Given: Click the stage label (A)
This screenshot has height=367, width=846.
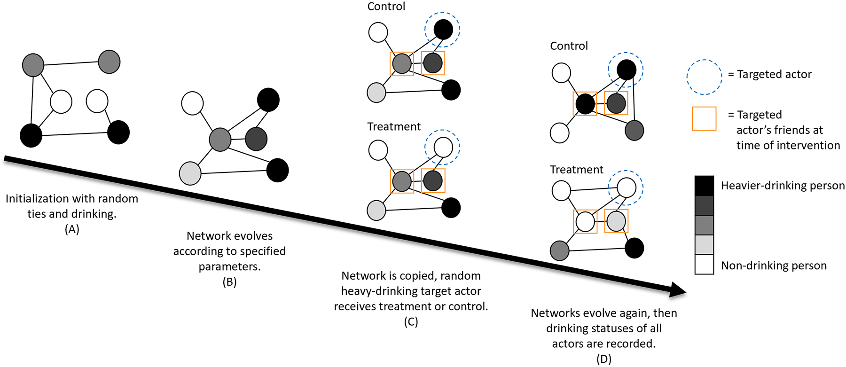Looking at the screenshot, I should tap(72, 229).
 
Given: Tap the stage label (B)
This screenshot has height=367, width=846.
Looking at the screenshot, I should tap(229, 282).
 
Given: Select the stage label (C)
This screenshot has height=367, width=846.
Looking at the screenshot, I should tap(411, 322).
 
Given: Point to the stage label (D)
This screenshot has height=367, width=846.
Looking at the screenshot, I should tap(603, 359).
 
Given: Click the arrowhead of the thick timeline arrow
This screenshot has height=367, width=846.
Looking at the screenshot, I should tap(677, 290).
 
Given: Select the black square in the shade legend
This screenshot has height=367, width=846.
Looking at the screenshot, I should tap(704, 186).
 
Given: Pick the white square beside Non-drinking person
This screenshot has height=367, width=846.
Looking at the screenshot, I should tap(704, 265).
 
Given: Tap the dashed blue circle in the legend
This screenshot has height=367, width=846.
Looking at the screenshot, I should tap(704, 77).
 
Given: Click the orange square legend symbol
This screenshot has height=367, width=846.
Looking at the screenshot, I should tap(704, 118).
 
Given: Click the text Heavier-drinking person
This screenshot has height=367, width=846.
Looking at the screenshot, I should tap(783, 186).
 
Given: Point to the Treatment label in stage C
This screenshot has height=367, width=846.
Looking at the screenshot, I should tap(393, 127).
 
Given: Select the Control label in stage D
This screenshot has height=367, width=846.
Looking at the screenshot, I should tap(569, 46).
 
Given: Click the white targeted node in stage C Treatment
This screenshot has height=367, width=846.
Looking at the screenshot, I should tap(443, 147).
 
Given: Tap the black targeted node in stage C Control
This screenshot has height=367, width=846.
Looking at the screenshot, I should tap(443, 30).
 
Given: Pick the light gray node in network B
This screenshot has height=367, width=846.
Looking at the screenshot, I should tap(190, 173).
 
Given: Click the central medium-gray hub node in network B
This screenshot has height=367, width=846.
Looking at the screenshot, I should tap(220, 140).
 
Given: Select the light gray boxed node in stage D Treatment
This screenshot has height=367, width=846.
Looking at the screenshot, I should tap(616, 221).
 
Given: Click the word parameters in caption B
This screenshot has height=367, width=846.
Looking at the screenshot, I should tap(229, 267).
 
